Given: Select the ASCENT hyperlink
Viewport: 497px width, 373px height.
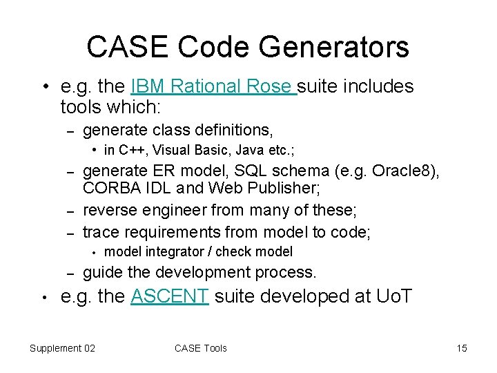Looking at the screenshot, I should pyautogui.click(x=169, y=296).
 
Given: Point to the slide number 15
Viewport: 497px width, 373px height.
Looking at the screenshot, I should pyautogui.click(x=461, y=348).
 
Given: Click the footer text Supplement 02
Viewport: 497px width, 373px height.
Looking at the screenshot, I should pyautogui.click(x=62, y=348).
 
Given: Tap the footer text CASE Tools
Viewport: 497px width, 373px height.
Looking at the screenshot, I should pyautogui.click(x=200, y=348).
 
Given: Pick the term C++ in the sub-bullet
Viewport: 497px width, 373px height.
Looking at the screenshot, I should pyautogui.click(x=132, y=150).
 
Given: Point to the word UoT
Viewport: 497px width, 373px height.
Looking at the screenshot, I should pyautogui.click(x=394, y=296).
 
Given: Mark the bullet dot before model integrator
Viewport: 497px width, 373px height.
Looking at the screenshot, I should pyautogui.click(x=93, y=252).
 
